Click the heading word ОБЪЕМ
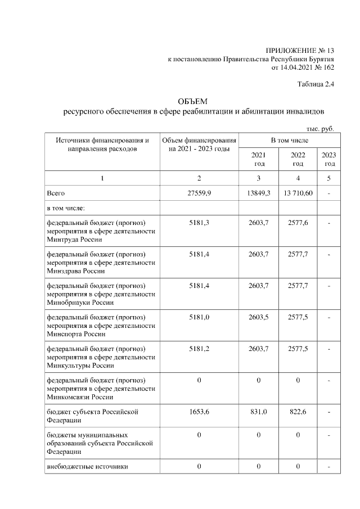(192, 102)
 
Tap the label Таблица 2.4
(316, 85)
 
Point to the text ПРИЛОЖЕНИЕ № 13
(300, 51)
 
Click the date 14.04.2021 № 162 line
(303, 67)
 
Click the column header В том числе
(289, 140)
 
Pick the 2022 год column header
(298, 159)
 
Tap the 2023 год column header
(330, 159)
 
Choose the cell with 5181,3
(200, 223)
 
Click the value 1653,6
(200, 412)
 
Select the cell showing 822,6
(298, 412)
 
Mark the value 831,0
(259, 412)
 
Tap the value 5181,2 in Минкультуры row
(200, 349)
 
